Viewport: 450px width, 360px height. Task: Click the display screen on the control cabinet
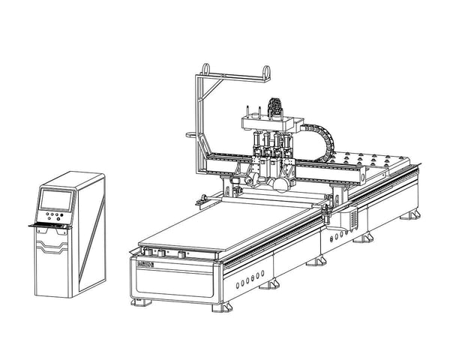55,199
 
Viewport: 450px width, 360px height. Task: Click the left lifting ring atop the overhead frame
205,70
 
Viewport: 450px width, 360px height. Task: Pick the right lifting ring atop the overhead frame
264,70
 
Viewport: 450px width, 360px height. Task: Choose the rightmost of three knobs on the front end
183,255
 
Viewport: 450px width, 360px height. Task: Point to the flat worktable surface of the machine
225,225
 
